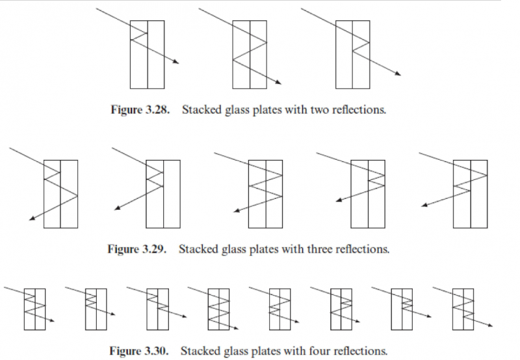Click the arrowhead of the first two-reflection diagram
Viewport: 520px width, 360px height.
pos(176,62)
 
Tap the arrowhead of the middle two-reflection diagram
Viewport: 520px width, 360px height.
pos(279,83)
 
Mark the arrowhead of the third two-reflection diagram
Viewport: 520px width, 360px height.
pos(398,73)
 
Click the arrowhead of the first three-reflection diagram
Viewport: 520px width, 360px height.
pos(31,220)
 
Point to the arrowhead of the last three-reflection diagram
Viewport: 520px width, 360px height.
pos(423,205)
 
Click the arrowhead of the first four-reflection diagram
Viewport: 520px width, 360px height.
pos(52,320)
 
